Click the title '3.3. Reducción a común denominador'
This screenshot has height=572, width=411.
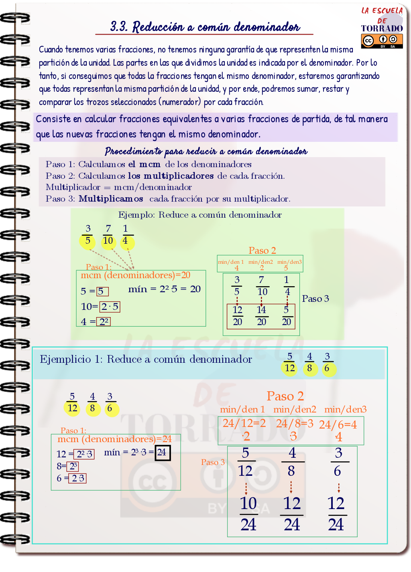[205, 27]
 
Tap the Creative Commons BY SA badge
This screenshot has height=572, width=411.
[382, 40]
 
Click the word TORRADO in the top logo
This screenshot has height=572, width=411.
[382, 28]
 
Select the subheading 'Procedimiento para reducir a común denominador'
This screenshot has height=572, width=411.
[206, 151]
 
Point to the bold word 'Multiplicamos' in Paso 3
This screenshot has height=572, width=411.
[111, 199]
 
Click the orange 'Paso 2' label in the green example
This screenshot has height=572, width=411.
[262, 251]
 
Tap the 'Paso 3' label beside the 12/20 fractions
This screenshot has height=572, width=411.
[315, 299]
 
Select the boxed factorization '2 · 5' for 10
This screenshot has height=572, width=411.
[110, 307]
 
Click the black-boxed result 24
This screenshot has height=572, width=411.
[163, 453]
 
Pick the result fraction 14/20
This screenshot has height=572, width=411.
[261, 316]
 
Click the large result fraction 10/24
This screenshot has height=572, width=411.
[248, 513]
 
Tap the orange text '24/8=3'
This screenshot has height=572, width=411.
[295, 424]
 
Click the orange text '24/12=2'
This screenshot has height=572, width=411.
[244, 423]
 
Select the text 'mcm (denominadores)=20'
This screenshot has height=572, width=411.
[136, 275]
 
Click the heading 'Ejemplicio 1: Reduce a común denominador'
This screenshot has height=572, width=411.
[146, 359]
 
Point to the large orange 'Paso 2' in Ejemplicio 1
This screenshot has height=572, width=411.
[285, 396]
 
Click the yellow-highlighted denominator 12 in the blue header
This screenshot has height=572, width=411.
[289, 368]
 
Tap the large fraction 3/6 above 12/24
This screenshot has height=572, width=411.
[338, 462]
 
